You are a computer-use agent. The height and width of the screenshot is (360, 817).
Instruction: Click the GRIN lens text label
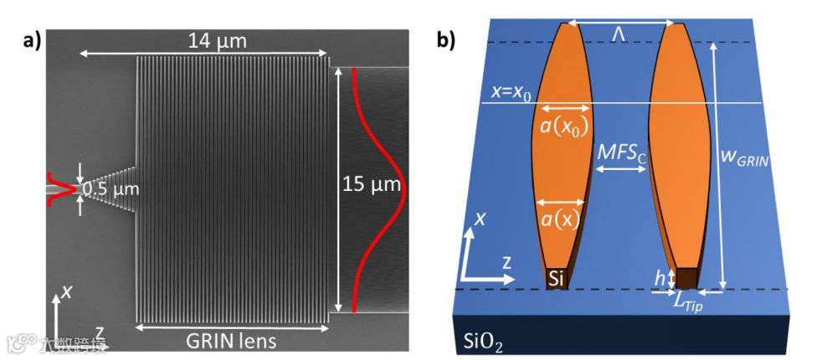[x=232, y=341]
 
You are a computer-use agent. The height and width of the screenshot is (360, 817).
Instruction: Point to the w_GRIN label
[x=742, y=154]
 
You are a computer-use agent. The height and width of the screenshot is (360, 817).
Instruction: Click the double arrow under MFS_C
[x=620, y=169]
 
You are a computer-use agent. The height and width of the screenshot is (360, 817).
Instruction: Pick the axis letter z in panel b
[x=506, y=262]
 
